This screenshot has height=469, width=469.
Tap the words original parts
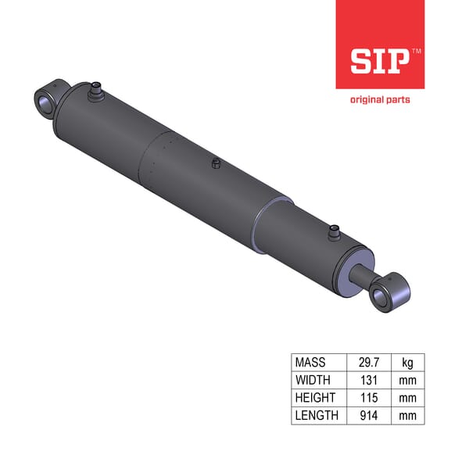click(x=379, y=99)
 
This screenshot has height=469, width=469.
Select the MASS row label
click(x=310, y=363)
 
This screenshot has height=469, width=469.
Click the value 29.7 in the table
click(x=367, y=363)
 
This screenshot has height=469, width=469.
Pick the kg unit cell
click(x=408, y=363)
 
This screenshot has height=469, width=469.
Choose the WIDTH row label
click(x=312, y=381)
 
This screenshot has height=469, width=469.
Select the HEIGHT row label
click(x=314, y=398)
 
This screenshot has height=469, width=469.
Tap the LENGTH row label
click(x=317, y=416)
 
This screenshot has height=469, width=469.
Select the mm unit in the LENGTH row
click(x=408, y=416)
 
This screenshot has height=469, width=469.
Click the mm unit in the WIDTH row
click(x=408, y=381)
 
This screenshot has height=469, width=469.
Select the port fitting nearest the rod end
click(x=335, y=232)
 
